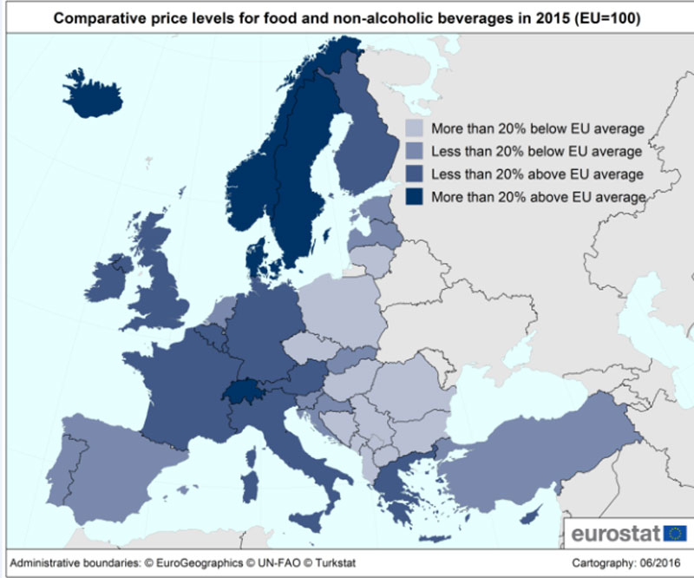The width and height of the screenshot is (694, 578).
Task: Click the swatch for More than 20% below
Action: [x=416, y=129]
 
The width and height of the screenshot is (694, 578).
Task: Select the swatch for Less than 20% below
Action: [x=416, y=152]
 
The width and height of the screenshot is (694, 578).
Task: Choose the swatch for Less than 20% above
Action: [x=416, y=174]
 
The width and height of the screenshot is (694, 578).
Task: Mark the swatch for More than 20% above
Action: [x=416, y=197]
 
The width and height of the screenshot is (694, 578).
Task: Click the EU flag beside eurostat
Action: [x=675, y=531]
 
